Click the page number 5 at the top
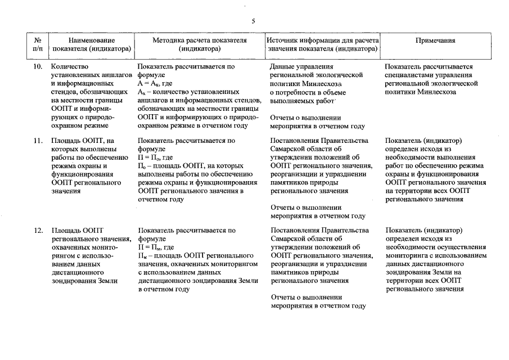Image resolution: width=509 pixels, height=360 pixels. click(253, 21)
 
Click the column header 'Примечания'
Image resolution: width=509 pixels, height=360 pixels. click(435, 40)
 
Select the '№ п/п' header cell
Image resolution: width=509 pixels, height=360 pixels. click(38, 44)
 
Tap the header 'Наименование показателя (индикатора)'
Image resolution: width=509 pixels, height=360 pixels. click(92, 44)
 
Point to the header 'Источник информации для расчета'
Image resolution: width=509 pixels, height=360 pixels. click(323, 40)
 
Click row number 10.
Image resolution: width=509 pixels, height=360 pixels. click(38, 66)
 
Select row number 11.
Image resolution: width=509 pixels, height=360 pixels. click(38, 141)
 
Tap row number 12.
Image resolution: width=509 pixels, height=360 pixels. click(38, 231)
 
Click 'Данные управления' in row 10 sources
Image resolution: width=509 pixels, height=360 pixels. click(298, 66)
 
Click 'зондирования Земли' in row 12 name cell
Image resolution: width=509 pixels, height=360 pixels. click(84, 281)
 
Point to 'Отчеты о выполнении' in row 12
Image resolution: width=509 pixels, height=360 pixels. click(306, 298)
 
